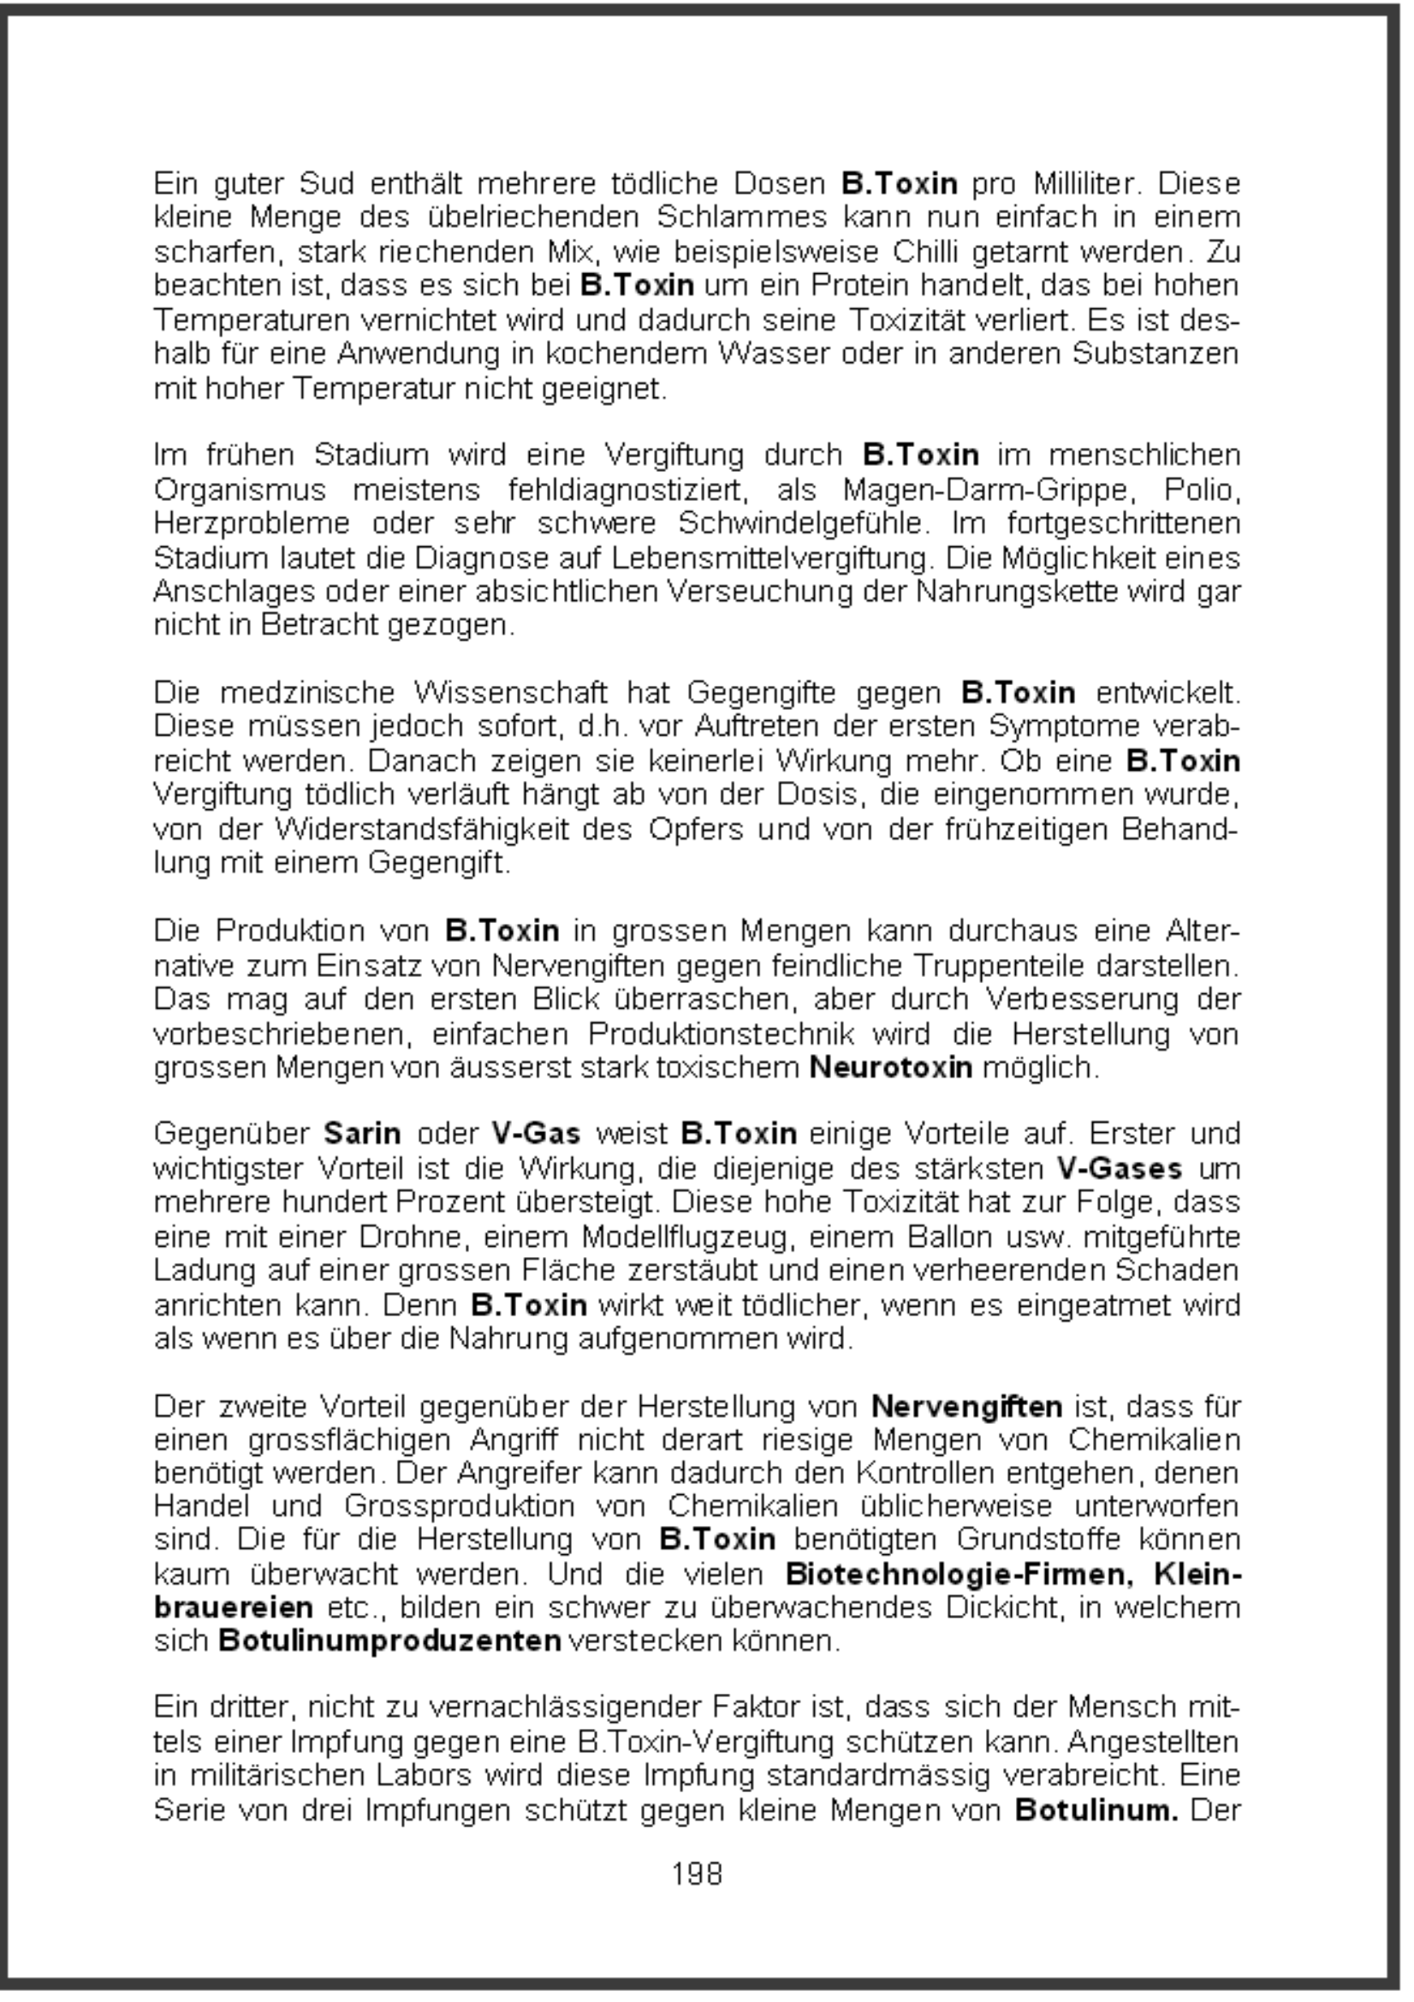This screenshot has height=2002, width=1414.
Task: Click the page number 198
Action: [x=697, y=1873]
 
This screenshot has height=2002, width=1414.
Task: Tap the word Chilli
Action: [x=925, y=252]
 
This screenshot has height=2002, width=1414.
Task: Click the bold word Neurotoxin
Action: [x=890, y=1067]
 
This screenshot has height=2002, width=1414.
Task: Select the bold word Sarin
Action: [x=362, y=1135]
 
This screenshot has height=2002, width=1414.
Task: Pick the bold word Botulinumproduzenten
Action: [x=389, y=1640]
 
